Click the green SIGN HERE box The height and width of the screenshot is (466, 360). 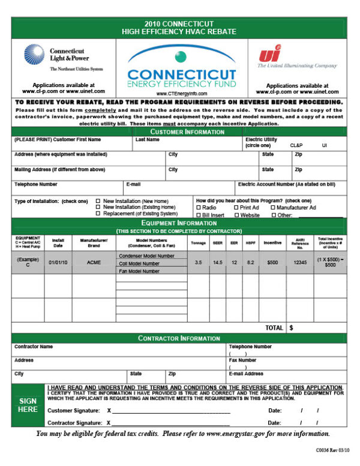[28, 405]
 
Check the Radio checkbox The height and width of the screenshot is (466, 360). [199, 207]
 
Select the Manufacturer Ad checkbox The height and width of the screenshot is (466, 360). [274, 207]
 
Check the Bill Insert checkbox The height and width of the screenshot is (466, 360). [199, 214]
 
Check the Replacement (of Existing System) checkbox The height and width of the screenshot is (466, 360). [98, 214]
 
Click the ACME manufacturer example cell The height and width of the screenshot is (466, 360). [94, 262]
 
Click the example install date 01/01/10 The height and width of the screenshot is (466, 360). [58, 262]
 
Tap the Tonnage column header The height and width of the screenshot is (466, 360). [198, 243]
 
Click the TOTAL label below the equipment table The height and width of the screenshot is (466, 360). [274, 328]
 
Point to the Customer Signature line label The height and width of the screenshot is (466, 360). [73, 410]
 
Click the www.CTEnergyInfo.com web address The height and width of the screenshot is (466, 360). [181, 94]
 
